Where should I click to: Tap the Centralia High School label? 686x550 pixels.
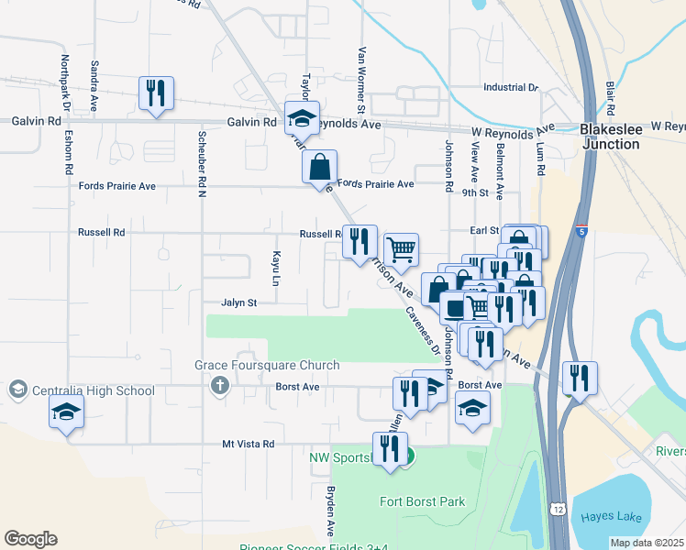click(x=94, y=391)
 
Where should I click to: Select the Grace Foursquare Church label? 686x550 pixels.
click(x=267, y=366)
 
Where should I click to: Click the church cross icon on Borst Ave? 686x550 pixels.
click(x=218, y=386)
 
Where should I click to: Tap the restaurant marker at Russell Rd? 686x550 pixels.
click(x=359, y=243)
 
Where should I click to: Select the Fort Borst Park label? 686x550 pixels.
click(x=423, y=501)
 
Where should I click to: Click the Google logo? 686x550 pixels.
click(x=30, y=539)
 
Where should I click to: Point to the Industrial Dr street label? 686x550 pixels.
click(x=511, y=88)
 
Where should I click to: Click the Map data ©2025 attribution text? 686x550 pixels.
click(x=646, y=543)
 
